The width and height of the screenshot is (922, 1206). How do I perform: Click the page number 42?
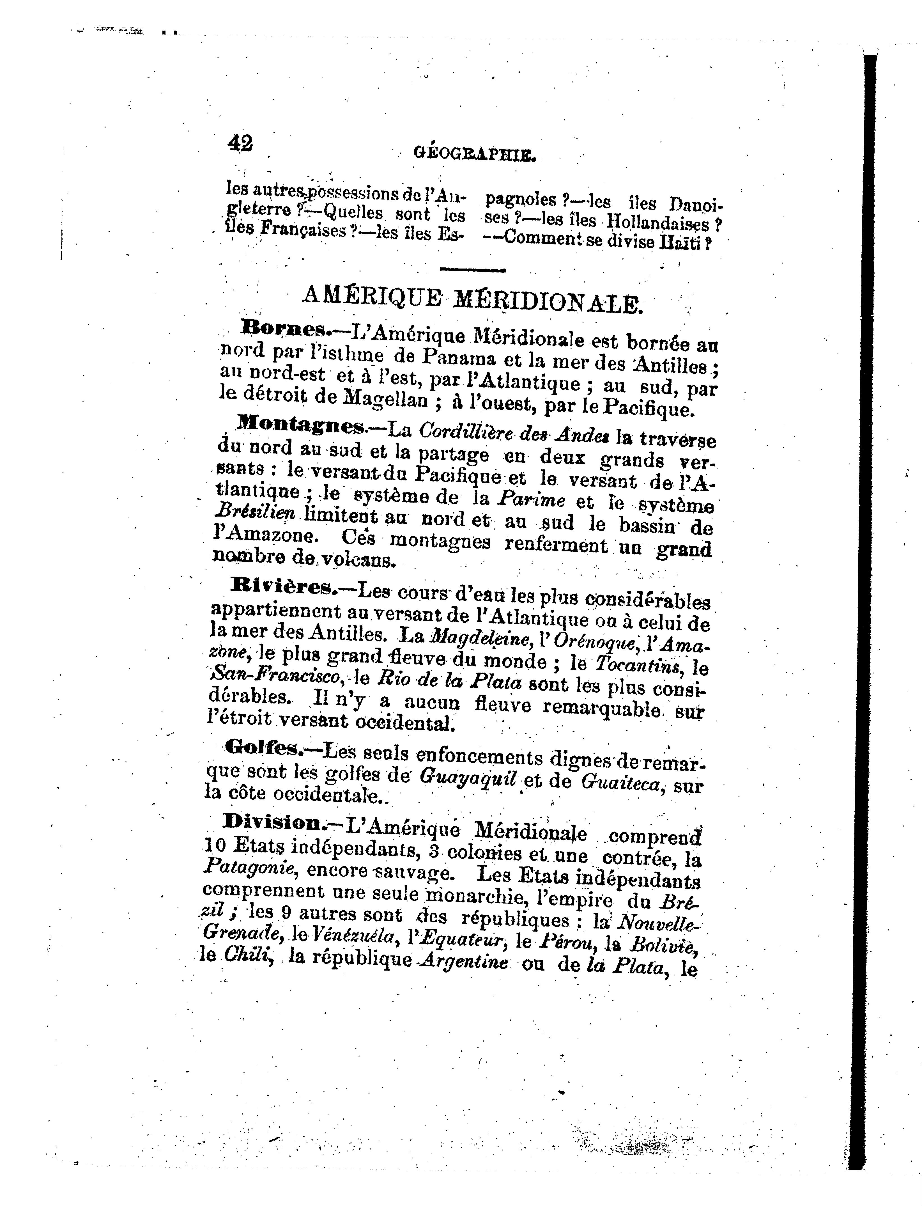[240, 144]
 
